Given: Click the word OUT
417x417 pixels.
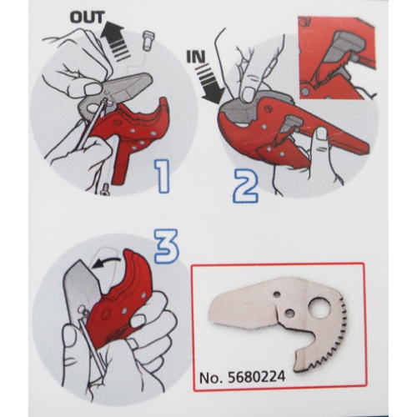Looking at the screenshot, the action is pos(87,18).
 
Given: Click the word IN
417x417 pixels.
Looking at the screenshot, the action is pos(195,58).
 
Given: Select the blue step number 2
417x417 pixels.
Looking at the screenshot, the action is pos(245,186).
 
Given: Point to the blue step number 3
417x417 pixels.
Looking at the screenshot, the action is pos(166,246).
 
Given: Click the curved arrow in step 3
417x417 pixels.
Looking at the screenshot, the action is pos(107,263).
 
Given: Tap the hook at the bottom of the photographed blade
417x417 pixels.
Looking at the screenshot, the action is pos(303,359).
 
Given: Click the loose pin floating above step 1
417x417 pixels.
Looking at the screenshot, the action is pos(148,40).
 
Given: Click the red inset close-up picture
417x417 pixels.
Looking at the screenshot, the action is pos(337,58).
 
